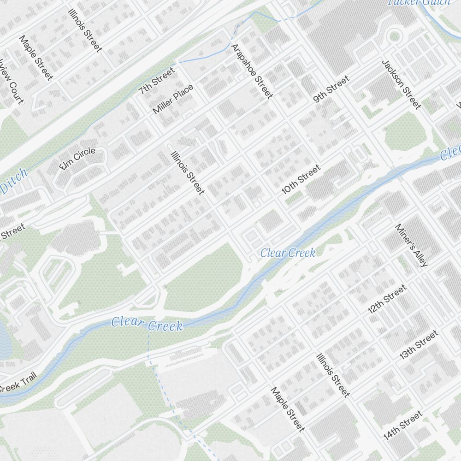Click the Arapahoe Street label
tap(252, 71)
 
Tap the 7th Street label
tap(157, 81)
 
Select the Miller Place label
tap(173, 99)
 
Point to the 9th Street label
tap(331, 89)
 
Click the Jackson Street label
tap(402, 84)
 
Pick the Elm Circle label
tap(78, 158)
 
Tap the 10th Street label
tap(301, 180)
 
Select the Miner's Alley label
tap(412, 245)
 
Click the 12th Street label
tap(387, 299)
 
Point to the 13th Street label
tap(418, 345)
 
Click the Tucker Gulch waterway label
tap(419, 2)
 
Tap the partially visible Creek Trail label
tap(17, 383)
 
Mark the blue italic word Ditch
tap(14, 181)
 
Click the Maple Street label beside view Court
tap(35, 58)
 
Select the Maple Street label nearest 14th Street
tap(288, 409)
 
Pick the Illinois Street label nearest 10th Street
tap(188, 173)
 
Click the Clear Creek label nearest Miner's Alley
tap(288, 253)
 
